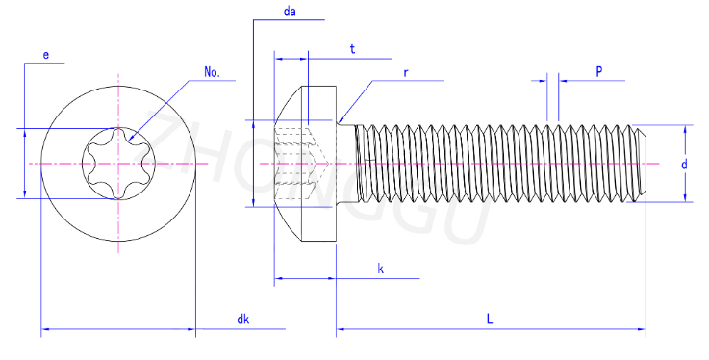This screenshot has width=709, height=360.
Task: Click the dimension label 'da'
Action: point(290,12)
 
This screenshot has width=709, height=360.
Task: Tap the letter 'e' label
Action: point(45,55)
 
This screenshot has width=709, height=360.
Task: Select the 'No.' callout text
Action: point(212,72)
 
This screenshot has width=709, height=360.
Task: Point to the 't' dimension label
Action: point(353,49)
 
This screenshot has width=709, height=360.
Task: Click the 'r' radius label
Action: point(406,73)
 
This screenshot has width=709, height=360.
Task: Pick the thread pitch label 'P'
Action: point(599,71)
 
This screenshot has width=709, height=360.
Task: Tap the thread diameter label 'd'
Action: point(685,164)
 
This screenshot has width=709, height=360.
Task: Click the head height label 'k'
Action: point(381,270)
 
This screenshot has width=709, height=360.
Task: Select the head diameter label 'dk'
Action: point(243,320)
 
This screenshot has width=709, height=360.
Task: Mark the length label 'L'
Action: point(490,320)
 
